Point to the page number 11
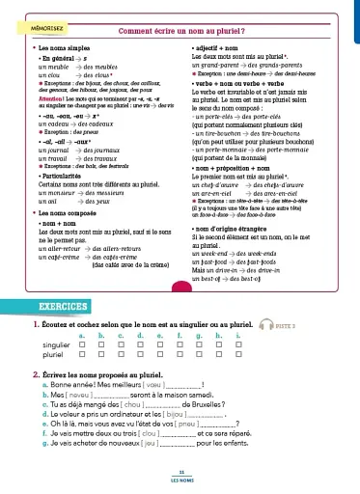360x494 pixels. tap(180, 471)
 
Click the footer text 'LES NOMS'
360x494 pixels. tap(180, 478)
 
